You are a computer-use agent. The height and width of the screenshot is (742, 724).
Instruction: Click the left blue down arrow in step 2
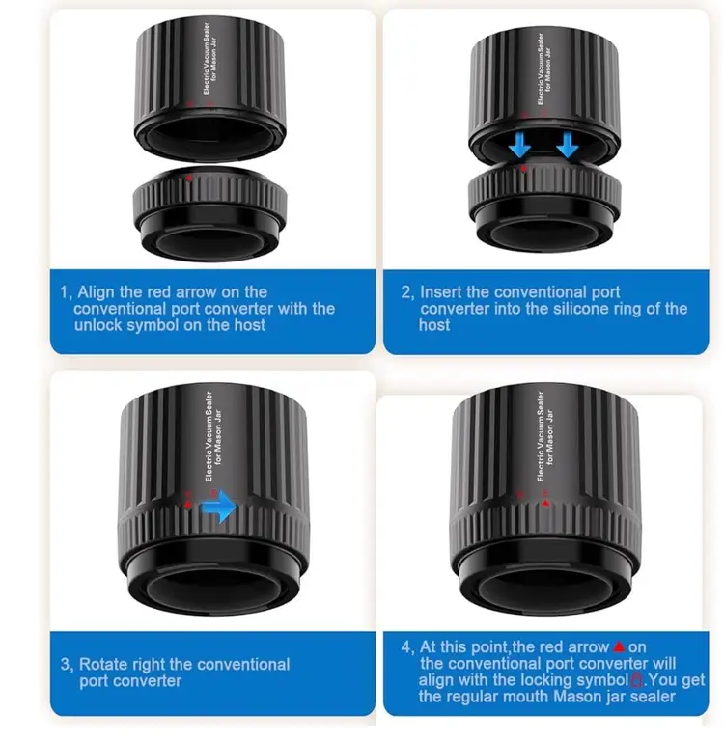tap(520, 145)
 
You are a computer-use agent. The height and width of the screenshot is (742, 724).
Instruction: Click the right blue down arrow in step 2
tap(568, 145)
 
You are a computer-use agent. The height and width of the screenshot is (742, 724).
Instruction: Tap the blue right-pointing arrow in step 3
tap(218, 507)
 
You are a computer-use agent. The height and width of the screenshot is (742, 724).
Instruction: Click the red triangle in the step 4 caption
tap(619, 646)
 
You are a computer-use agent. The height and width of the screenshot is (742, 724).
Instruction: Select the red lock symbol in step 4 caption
tap(637, 679)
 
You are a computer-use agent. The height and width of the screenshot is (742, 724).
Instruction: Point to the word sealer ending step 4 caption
tap(651, 697)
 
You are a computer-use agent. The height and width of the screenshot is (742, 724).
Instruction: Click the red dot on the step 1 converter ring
tap(189, 178)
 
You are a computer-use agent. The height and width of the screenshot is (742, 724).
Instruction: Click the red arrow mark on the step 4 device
tap(545, 503)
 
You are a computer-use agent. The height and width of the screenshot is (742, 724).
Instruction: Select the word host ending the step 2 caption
tap(434, 325)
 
